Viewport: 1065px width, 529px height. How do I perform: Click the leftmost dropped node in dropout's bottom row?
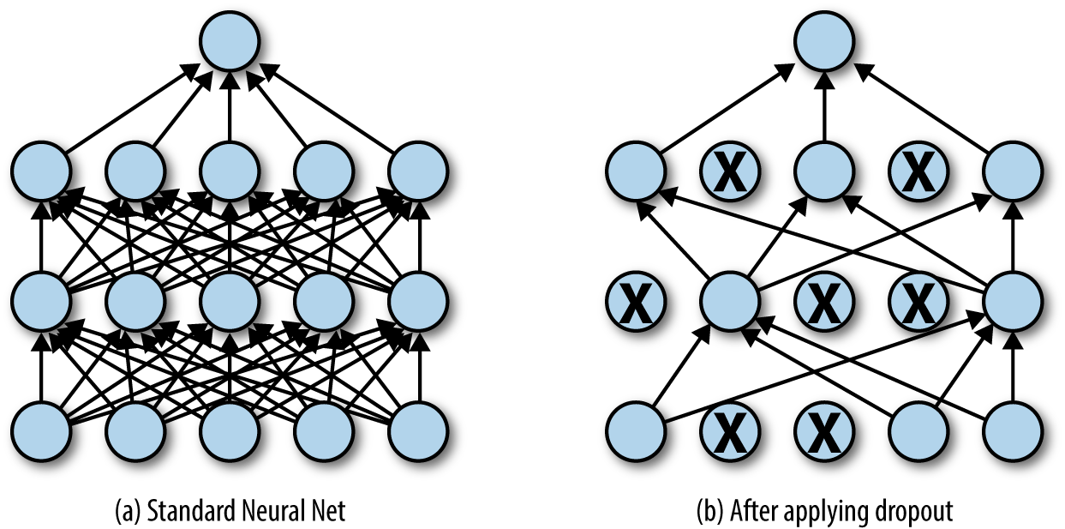[729, 428]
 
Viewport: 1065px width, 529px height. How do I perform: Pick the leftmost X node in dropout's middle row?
[635, 301]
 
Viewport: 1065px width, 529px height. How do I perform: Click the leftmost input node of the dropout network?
[635, 428]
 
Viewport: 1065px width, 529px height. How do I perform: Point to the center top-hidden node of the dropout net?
[823, 172]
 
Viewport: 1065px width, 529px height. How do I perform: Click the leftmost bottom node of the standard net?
[40, 428]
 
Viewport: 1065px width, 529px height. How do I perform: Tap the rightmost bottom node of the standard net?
[419, 428]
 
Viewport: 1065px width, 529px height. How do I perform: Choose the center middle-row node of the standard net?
[230, 301]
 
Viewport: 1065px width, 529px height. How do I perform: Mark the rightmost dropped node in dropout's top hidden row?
[918, 172]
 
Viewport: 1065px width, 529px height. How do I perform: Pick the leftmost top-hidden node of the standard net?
[40, 172]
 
